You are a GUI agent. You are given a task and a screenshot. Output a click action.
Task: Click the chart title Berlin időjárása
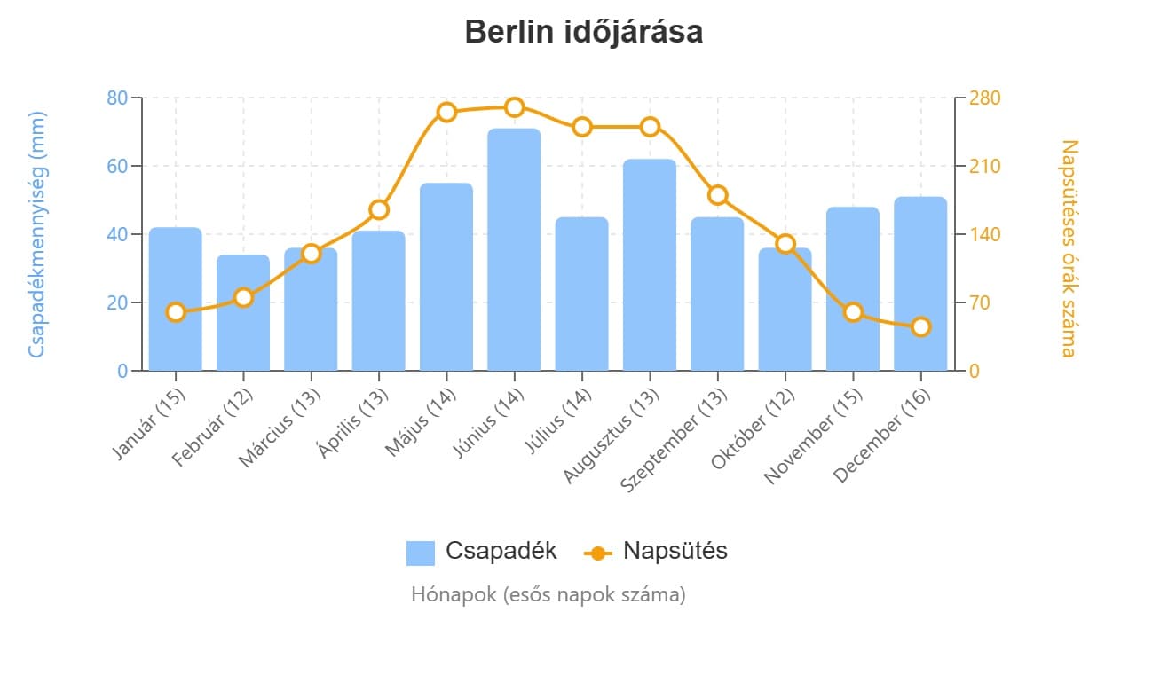[x=583, y=32]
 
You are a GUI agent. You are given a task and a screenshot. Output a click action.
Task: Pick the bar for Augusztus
[x=650, y=266]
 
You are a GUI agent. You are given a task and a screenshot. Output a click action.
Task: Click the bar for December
[x=920, y=284]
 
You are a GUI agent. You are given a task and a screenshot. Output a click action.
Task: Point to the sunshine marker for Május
[x=446, y=112]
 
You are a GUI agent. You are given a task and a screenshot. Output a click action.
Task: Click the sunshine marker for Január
[x=176, y=312]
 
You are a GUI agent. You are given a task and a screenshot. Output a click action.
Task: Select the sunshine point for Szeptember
[x=718, y=195]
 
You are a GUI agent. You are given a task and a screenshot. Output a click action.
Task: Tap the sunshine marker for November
[x=853, y=312]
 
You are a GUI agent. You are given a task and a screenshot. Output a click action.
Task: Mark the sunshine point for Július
[x=582, y=127]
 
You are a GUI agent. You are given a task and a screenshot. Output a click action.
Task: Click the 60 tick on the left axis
[x=117, y=166]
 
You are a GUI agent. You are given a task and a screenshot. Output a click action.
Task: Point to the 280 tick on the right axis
[x=984, y=98]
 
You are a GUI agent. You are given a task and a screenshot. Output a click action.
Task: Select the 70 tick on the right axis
[x=980, y=302]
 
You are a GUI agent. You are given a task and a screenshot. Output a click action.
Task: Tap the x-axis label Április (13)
[x=353, y=424]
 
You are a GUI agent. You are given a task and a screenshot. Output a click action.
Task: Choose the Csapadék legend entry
[x=482, y=551]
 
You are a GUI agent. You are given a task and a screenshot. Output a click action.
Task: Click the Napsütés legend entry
[x=656, y=551]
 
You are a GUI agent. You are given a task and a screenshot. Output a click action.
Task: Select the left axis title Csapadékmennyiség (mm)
[x=36, y=234]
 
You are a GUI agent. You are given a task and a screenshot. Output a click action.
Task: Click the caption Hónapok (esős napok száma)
[x=548, y=594]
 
